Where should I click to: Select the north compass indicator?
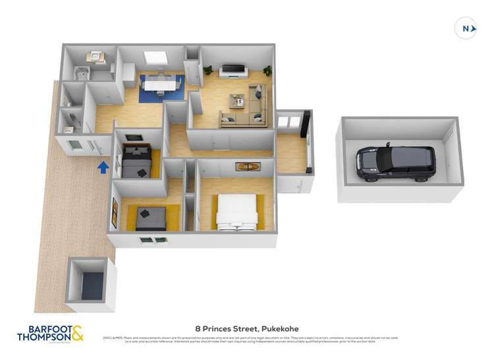(x=466, y=28)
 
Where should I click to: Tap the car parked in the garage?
(x=395, y=163)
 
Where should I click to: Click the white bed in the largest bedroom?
(x=236, y=213)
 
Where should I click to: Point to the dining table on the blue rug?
(x=161, y=84)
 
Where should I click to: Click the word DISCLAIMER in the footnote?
(x=112, y=338)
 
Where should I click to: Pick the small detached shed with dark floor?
(x=88, y=285)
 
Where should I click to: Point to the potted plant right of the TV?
(x=267, y=70)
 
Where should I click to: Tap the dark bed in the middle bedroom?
(x=136, y=160)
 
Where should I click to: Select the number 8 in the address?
(x=198, y=328)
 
